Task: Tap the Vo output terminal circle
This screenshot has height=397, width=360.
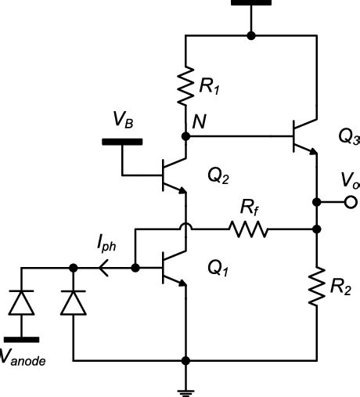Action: (347, 203)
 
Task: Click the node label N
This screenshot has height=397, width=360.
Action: (200, 122)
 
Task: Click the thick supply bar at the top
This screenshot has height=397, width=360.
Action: (250, 3)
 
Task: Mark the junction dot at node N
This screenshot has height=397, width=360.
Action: (186, 136)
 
